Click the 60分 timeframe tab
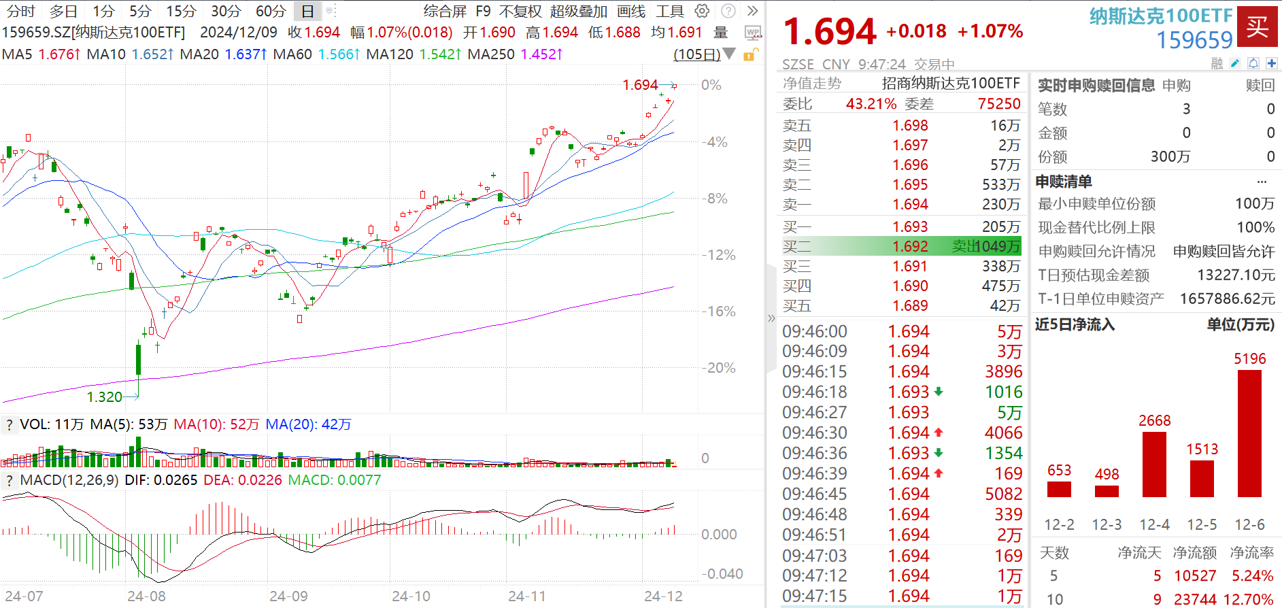(x=270, y=11)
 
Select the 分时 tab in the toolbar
(x=20, y=11)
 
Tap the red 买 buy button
(x=1257, y=27)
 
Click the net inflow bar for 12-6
(x=1249, y=433)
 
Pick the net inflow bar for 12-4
(x=1154, y=464)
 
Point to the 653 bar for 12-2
(x=1059, y=489)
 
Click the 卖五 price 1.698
(x=910, y=126)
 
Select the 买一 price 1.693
(x=910, y=226)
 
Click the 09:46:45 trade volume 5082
(x=1003, y=494)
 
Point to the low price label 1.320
(x=105, y=397)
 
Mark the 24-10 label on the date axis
(x=411, y=596)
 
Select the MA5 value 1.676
(x=56, y=54)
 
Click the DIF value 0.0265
(x=175, y=480)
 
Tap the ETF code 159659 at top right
(x=1194, y=41)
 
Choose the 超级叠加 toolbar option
(x=578, y=11)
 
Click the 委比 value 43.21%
(x=871, y=103)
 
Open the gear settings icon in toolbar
(x=702, y=11)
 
